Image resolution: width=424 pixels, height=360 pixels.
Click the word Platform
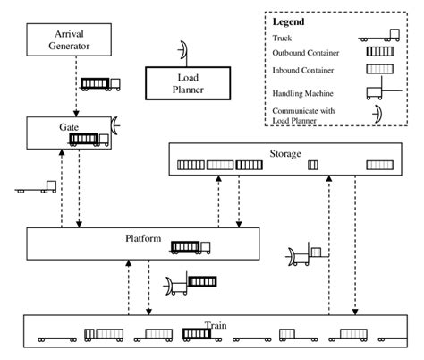[x=142, y=238]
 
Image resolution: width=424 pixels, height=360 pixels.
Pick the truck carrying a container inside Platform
[x=191, y=246]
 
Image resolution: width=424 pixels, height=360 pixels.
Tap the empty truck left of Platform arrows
[x=37, y=188]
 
